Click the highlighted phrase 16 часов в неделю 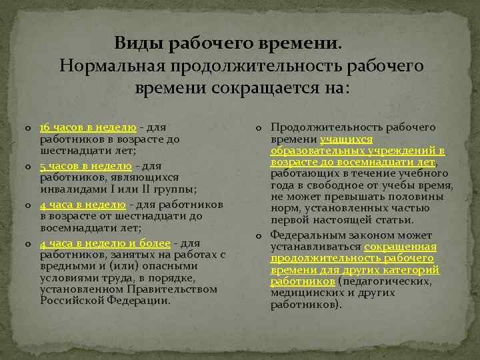pos(88,127)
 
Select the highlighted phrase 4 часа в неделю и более pos(105,243)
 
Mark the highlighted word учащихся pos(346,140)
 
